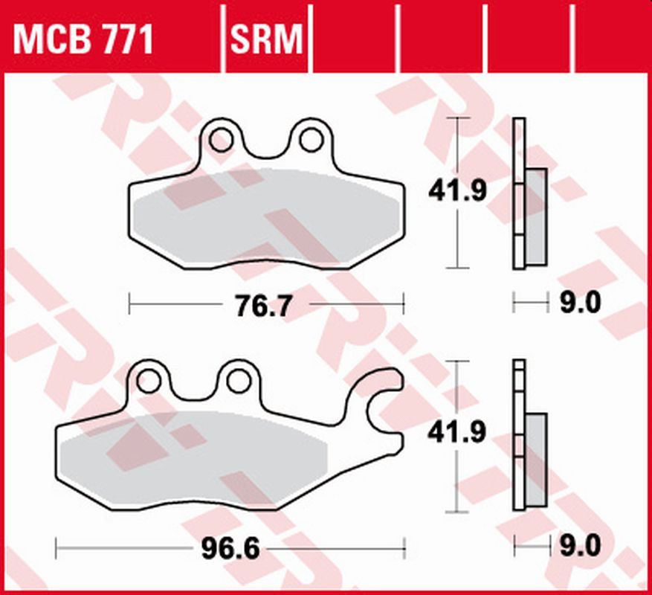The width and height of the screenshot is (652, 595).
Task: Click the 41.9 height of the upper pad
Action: click(456, 192)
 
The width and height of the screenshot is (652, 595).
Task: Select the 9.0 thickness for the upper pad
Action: click(580, 303)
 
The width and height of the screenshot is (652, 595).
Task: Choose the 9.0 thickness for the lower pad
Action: click(580, 547)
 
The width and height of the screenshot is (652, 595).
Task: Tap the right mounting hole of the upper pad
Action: click(311, 138)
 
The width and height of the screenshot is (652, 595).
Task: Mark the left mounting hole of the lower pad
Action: click(148, 381)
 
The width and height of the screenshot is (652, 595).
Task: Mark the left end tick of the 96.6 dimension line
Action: click(57, 550)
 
